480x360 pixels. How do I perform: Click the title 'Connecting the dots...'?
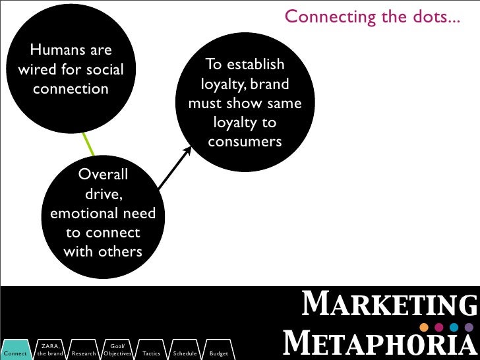373,15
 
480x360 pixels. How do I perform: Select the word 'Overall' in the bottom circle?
103,175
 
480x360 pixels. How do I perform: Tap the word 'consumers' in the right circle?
245,142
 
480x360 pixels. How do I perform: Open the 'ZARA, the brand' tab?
50,350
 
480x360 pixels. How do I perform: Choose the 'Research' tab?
84,353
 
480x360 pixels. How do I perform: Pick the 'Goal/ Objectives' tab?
117,350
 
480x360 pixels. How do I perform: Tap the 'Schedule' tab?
185,353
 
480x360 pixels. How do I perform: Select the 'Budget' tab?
218,353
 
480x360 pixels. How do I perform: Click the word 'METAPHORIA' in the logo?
379,344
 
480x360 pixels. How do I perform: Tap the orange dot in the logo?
424,328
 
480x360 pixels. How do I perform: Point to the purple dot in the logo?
469,328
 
